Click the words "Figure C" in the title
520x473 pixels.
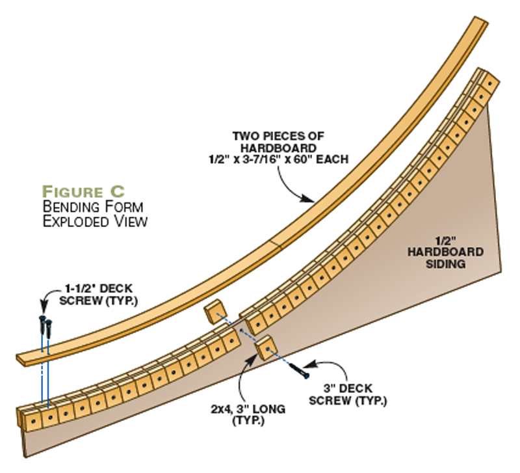[83, 192]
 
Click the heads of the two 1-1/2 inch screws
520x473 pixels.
[45, 320]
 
